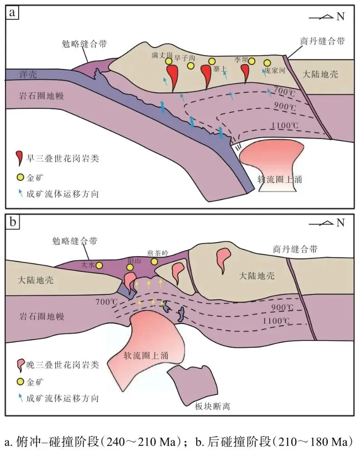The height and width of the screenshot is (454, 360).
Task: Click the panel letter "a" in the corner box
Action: (12, 12)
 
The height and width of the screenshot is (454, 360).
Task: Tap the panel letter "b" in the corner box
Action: (12, 222)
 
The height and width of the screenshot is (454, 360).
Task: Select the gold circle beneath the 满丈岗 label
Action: (169, 61)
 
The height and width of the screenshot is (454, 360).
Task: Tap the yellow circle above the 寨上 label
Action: (212, 61)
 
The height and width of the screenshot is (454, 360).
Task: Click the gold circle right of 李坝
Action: (252, 61)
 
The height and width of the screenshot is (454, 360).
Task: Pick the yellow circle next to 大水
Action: (99, 265)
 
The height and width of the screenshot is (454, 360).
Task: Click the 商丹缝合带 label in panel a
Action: (322, 41)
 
